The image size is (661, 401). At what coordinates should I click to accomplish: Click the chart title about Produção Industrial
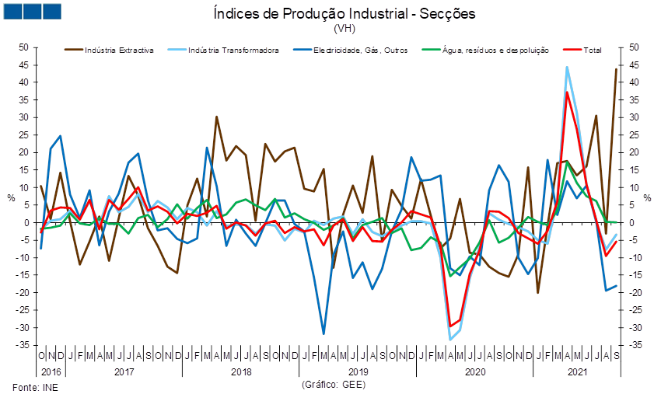pos(344,14)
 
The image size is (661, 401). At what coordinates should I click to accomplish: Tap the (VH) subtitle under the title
pos(344,29)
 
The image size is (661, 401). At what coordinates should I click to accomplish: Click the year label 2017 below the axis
pos(124,372)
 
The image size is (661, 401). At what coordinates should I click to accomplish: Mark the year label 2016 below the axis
pos(46,372)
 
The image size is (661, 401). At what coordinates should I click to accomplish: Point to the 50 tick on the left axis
pos(23,47)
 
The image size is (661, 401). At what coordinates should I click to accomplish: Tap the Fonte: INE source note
pos(36,386)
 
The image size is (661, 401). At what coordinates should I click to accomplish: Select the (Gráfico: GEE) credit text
pos(333,385)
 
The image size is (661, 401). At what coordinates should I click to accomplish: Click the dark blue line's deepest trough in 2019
pos(324,333)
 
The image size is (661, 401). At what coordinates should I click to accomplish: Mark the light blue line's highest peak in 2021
pos(568,68)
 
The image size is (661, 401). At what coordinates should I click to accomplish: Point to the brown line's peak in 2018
pos(217,117)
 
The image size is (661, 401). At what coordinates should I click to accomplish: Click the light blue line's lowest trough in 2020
pos(450,339)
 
